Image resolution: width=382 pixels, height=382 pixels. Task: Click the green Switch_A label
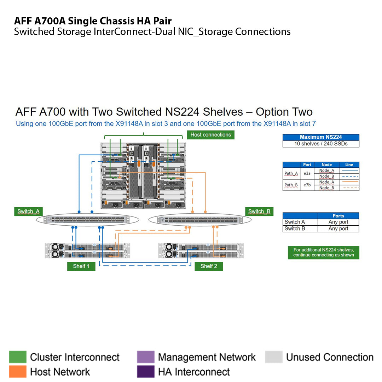pyautogui.click(x=28, y=212)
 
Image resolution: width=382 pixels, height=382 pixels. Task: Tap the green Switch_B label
pyautogui.click(x=259, y=212)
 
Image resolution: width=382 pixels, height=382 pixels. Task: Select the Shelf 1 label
pyautogui.click(x=81, y=266)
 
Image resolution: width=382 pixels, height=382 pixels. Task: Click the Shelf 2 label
pyautogui.click(x=209, y=266)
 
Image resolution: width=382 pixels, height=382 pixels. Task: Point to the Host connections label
pyautogui.click(x=210, y=135)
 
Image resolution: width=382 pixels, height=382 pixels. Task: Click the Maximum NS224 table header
pyautogui.click(x=321, y=137)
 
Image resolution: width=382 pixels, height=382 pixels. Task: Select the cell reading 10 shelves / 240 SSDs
pyautogui.click(x=321, y=144)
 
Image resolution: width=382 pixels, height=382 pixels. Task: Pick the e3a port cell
pyautogui.click(x=307, y=173)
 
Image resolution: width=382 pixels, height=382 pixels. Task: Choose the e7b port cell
pyautogui.click(x=307, y=185)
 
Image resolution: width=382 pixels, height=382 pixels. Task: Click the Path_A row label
pyautogui.click(x=291, y=173)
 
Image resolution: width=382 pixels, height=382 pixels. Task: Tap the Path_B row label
pyautogui.click(x=291, y=185)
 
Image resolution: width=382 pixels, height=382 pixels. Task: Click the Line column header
pyautogui.click(x=349, y=164)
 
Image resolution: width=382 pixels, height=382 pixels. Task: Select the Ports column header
pyautogui.click(x=338, y=216)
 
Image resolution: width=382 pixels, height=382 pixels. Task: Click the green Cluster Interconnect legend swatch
pyautogui.click(x=18, y=357)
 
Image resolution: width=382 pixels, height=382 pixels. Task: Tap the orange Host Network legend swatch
pyautogui.click(x=18, y=371)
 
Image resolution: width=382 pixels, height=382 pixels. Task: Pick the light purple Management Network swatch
pyautogui.click(x=146, y=357)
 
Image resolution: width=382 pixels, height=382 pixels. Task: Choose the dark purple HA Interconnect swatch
pyautogui.click(x=146, y=371)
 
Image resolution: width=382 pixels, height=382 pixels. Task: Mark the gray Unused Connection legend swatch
pyautogui.click(x=274, y=357)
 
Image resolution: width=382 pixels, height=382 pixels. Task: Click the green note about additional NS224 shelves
pyautogui.click(x=323, y=253)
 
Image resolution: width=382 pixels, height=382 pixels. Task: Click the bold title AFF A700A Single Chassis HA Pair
pyautogui.click(x=93, y=21)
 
